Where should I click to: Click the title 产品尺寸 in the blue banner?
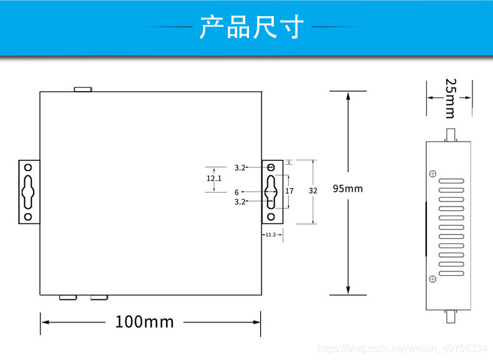(251, 27)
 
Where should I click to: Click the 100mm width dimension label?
(144, 322)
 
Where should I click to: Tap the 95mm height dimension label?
(348, 188)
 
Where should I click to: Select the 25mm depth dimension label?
(450, 97)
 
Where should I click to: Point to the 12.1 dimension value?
(214, 178)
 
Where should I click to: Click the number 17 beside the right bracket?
(290, 191)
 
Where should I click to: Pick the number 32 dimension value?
(313, 191)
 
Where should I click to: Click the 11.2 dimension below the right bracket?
(270, 235)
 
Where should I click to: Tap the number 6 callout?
(237, 192)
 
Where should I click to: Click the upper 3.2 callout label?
(240, 168)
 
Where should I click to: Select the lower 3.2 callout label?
(240, 202)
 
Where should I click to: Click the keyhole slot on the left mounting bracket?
(28, 192)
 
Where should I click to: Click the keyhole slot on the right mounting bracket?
(271, 192)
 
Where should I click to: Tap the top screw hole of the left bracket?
(28, 167)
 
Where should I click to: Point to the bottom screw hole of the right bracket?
(271, 216)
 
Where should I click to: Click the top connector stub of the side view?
(450, 135)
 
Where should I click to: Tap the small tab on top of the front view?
(83, 89)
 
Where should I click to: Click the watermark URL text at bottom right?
(403, 348)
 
